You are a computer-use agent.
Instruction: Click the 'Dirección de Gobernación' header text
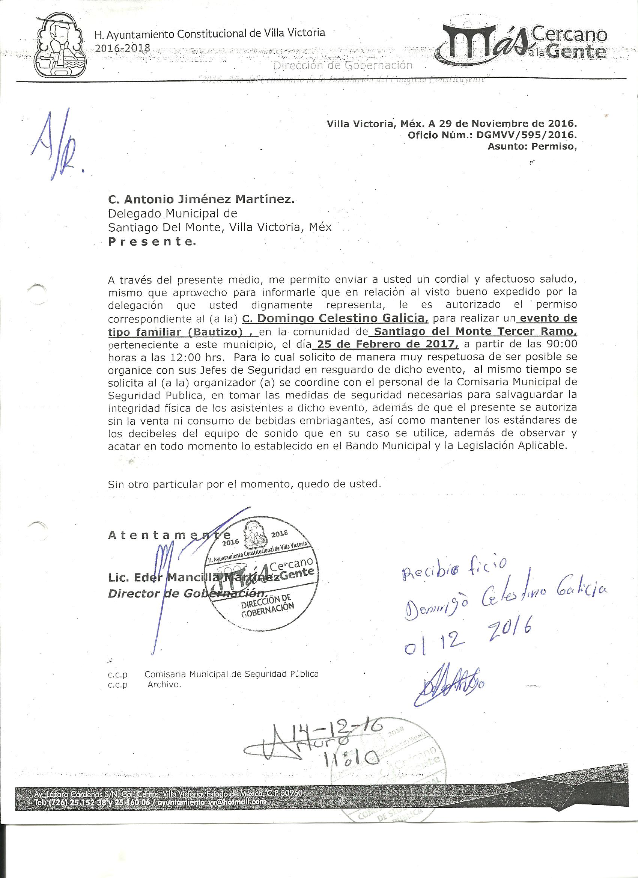(x=343, y=65)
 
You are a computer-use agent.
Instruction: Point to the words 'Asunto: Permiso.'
(x=532, y=146)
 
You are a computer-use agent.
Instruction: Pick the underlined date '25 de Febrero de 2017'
(x=387, y=344)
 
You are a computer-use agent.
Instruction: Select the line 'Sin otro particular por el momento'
(x=245, y=484)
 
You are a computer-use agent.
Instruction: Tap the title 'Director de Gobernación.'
(x=187, y=593)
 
